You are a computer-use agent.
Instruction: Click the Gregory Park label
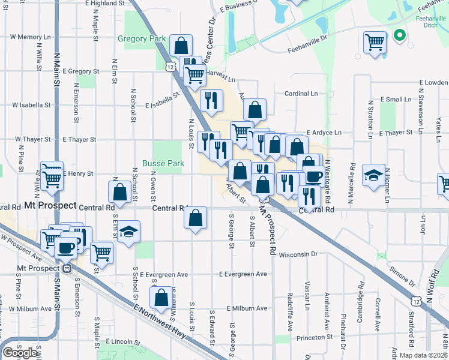[141, 39]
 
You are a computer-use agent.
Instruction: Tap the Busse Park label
[163, 163]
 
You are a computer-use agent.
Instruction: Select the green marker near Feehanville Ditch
[399, 35]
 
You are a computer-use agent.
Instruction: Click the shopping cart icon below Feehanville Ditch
[375, 43]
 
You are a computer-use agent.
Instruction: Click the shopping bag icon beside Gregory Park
[180, 45]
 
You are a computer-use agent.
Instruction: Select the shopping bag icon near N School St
[119, 191]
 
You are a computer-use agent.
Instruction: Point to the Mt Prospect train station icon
[67, 268]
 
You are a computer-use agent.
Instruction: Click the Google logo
[20, 353]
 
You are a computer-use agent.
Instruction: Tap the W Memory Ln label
[33, 37]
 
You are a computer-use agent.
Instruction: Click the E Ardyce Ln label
[324, 133]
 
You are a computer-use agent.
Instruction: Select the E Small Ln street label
[394, 99]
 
